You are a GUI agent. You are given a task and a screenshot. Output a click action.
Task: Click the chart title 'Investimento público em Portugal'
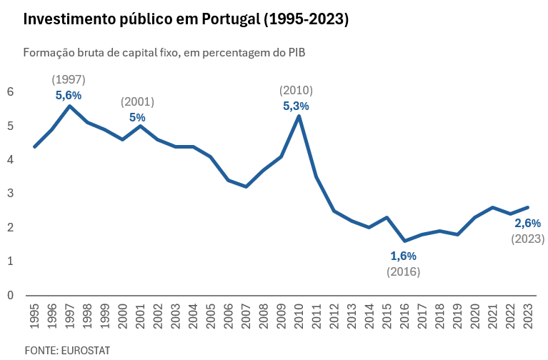click(186, 19)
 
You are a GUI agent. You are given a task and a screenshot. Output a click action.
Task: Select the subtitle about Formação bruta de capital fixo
click(169, 53)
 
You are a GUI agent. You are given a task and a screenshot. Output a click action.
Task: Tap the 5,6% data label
click(69, 94)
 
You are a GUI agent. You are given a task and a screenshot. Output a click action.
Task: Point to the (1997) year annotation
click(69, 79)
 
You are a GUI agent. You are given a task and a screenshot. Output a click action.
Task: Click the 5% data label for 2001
click(137, 117)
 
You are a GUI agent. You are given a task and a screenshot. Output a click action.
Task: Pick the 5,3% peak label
click(296, 106)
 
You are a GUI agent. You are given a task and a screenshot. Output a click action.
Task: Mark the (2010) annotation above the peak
click(296, 90)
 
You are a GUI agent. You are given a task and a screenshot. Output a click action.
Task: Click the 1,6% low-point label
click(403, 256)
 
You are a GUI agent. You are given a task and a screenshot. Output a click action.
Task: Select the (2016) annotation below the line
click(403, 271)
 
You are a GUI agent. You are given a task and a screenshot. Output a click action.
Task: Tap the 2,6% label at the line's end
click(527, 224)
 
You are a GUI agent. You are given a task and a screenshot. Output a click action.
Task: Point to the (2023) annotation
click(527, 239)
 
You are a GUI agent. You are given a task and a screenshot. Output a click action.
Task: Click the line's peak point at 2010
click(299, 116)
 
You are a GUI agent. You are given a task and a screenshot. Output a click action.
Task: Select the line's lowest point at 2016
click(404, 241)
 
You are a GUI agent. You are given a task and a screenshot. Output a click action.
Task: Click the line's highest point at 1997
click(69, 106)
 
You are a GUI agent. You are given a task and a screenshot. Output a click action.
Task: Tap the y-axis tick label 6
click(11, 91)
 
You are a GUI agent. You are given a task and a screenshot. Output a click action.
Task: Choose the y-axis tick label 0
click(11, 295)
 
